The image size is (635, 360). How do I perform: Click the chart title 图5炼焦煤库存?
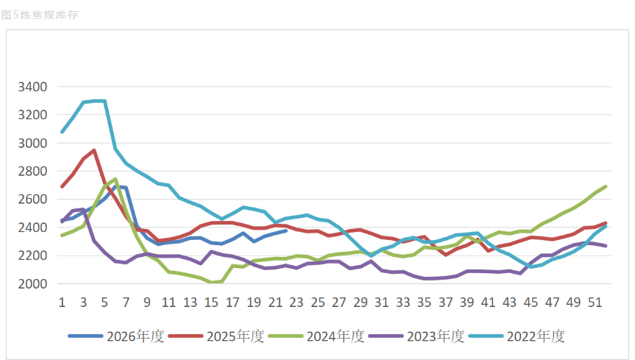39,15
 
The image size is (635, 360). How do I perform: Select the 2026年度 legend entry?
116,336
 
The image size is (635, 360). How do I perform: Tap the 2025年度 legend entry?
216,336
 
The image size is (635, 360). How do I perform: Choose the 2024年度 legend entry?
316,336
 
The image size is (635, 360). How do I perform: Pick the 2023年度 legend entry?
416,336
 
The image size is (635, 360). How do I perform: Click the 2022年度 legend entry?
517,336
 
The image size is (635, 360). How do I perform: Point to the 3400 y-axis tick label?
32,87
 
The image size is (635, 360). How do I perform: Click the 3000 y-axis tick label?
32,143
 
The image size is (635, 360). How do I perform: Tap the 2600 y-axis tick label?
32,199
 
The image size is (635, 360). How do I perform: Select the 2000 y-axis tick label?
32,283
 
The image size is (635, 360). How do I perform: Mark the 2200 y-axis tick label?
32,255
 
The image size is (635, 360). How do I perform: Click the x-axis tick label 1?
62,303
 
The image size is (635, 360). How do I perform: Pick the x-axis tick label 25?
318,303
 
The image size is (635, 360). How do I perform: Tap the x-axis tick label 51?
595,303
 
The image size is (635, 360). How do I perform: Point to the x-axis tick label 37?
446,303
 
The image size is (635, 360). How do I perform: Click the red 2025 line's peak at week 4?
94,150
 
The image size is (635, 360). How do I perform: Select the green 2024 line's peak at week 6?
116,179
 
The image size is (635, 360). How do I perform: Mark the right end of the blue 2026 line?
286,230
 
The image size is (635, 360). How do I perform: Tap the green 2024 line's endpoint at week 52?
606,186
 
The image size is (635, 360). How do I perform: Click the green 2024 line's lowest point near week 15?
211,282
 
